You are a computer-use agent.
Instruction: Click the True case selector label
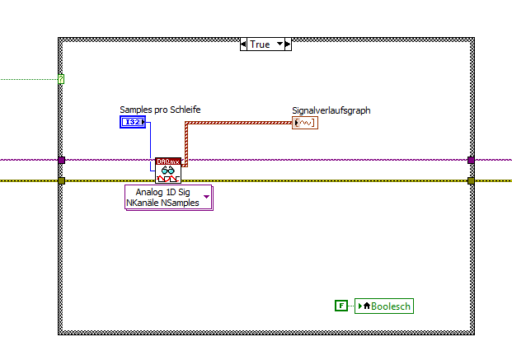point(260,44)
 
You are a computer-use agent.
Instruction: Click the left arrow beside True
point(243,44)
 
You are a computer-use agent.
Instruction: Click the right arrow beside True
point(288,44)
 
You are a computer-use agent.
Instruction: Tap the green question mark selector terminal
point(61,80)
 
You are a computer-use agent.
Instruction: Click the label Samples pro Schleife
point(160,110)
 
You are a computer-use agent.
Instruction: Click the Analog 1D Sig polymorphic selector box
point(162,197)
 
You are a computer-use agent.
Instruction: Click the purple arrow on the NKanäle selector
point(206,197)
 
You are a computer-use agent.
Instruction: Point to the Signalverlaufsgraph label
point(331,110)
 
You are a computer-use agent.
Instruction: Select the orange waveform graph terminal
point(303,123)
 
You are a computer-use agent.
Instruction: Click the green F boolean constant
point(341,306)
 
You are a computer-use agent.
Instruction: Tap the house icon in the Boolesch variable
point(366,306)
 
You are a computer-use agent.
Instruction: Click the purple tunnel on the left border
point(61,160)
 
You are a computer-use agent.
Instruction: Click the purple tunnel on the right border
point(471,160)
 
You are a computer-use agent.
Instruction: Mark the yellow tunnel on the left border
point(61,180)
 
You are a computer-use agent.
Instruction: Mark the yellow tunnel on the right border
point(471,180)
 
